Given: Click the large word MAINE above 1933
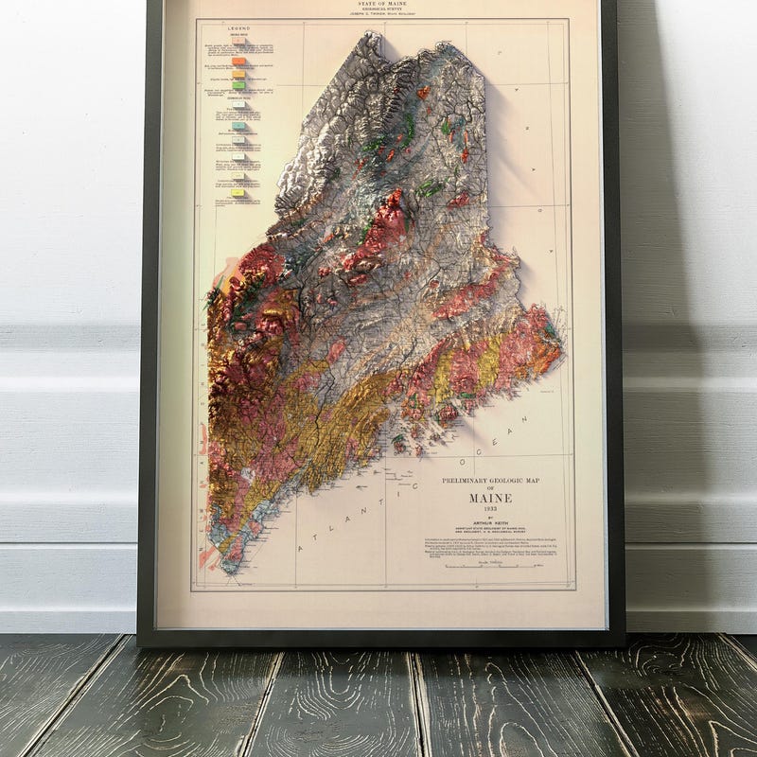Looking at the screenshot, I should (x=490, y=498).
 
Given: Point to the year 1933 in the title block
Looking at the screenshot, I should (x=490, y=510).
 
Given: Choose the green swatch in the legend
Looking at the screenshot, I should (x=239, y=85).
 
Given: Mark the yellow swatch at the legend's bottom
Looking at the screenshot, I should (x=239, y=192).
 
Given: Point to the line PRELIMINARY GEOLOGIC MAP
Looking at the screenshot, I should (x=490, y=481).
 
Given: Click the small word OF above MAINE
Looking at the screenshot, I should (x=490, y=489).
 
